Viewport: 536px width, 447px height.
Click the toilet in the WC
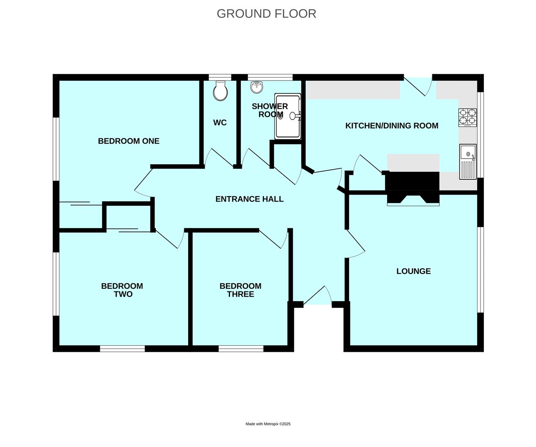coord(220,91)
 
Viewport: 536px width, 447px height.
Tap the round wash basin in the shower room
coord(257,87)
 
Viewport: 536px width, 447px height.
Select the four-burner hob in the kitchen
coord(468,118)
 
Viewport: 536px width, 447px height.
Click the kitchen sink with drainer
coord(468,161)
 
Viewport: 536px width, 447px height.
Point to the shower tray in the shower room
coord(288,116)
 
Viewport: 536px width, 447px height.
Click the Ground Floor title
coord(267,14)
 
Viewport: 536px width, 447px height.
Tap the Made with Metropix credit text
coord(268,424)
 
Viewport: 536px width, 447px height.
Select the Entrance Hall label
coord(250,199)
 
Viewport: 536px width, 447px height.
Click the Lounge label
coord(414,271)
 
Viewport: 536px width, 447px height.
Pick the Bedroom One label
coord(129,141)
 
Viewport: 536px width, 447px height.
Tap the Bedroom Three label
coord(240,290)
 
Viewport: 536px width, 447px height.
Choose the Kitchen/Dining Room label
coord(392,125)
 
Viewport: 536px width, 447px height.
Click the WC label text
coord(220,123)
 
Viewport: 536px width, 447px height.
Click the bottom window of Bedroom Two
coord(122,348)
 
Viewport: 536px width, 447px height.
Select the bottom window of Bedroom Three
coord(241,348)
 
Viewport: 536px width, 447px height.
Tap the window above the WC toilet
coord(220,77)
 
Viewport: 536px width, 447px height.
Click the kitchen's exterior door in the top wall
coord(418,86)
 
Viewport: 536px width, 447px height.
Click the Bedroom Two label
coord(122,290)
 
